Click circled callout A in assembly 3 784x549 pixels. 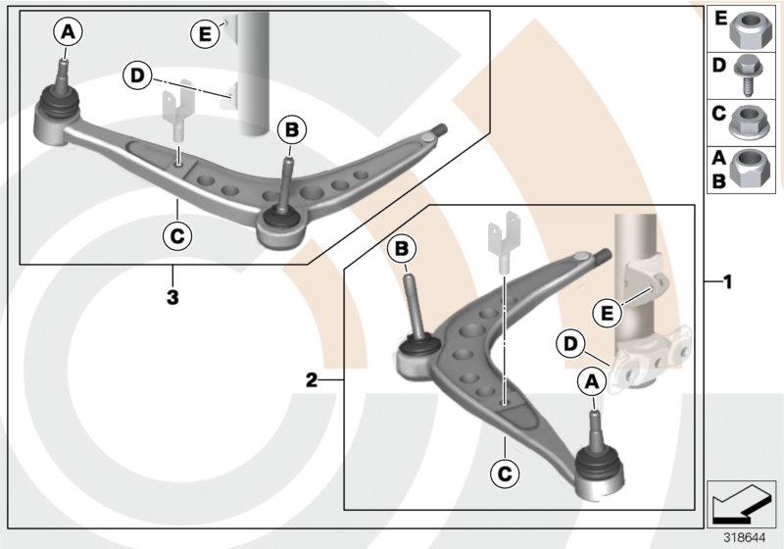point(67,32)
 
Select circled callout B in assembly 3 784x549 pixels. point(290,128)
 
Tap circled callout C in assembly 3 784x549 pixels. point(177,235)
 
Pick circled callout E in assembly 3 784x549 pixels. point(205,34)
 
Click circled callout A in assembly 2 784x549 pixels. point(592,382)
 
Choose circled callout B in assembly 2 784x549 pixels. point(401,250)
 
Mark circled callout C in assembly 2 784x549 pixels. point(502,474)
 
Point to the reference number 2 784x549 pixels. point(312,379)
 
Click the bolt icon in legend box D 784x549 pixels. point(755,74)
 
